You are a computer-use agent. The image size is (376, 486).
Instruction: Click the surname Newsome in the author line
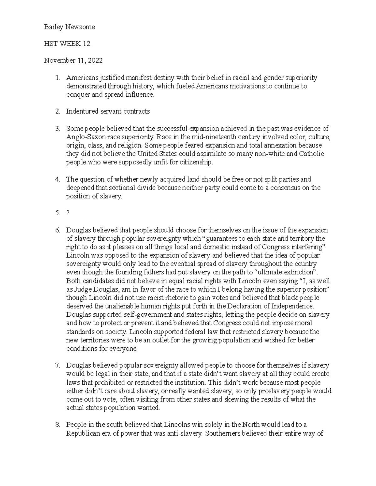80,27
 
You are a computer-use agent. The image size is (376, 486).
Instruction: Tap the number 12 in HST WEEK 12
86,44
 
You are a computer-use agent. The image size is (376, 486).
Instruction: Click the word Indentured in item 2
80,111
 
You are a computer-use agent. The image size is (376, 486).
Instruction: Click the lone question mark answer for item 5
68,213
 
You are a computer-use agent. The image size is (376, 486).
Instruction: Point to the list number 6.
57,230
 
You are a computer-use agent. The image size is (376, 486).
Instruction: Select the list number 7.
57,365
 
